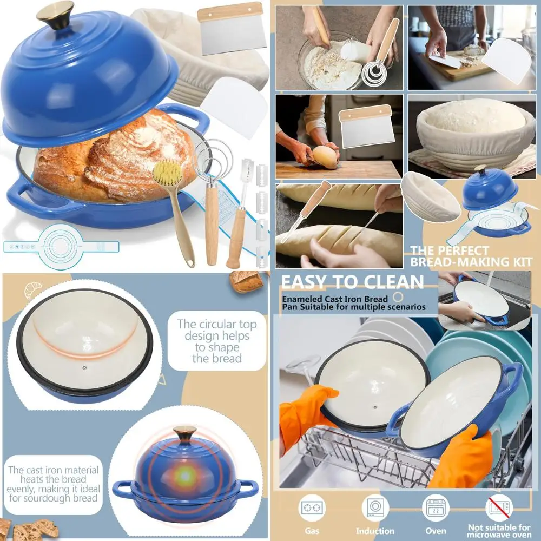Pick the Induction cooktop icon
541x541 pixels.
[x=375, y=509]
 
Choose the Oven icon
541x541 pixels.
[x=436, y=509]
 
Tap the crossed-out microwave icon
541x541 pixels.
[x=499, y=509]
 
